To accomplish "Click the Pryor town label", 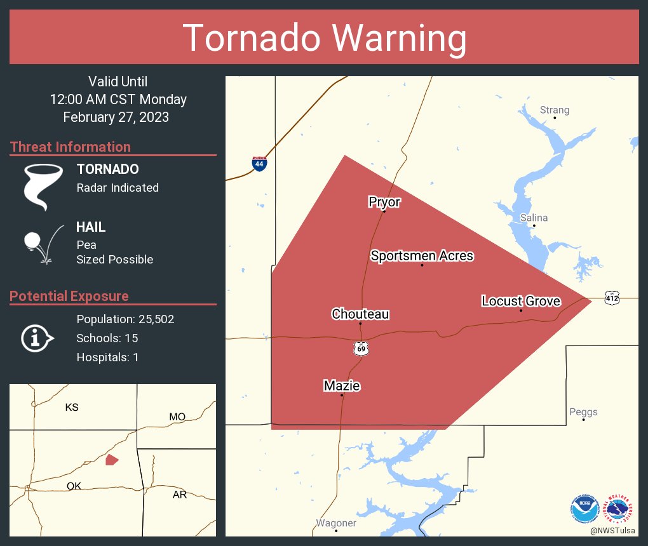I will tap(384, 202).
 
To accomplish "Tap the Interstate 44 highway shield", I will tap(259, 163).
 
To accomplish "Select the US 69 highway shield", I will tap(361, 349).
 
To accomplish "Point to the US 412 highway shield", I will tap(612, 297).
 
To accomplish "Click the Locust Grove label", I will tap(521, 301).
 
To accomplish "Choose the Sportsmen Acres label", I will tap(422, 256).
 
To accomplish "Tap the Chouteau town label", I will tap(360, 314).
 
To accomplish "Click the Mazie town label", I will tap(342, 385).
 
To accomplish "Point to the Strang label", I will tap(554, 110).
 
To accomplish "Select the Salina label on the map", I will tap(534, 218).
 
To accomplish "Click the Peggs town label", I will tap(583, 412).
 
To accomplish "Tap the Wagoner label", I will tap(336, 523).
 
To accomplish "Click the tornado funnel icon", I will tap(43, 187).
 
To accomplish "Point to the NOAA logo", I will tap(584, 509).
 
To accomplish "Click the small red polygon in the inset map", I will tap(112, 460).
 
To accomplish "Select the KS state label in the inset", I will tap(72, 407).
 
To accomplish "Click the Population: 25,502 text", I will tap(125, 319).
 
